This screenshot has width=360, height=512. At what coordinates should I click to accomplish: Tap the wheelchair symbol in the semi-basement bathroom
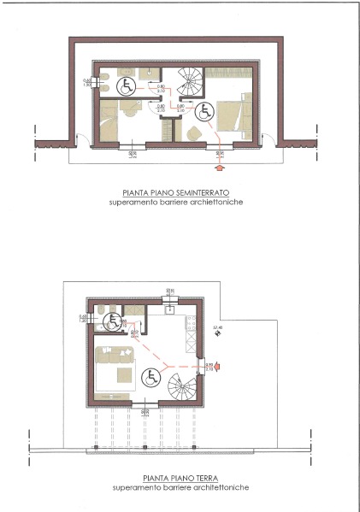click(x=125, y=85)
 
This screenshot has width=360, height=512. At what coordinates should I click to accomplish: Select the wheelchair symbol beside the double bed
click(x=205, y=110)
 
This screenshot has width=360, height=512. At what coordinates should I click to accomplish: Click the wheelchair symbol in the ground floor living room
click(x=150, y=374)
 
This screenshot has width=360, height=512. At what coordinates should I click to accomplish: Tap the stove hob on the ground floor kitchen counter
click(x=192, y=321)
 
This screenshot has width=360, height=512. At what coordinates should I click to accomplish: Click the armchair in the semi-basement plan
click(x=193, y=132)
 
